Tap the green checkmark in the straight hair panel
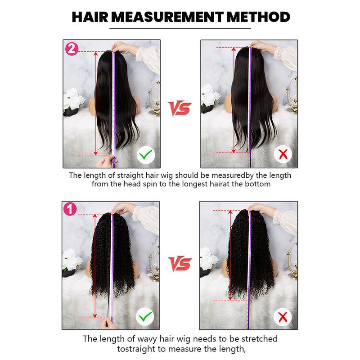[x=144, y=156]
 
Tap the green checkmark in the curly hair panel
[x=144, y=318]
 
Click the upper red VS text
[x=180, y=107]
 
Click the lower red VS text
[x=180, y=263]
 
